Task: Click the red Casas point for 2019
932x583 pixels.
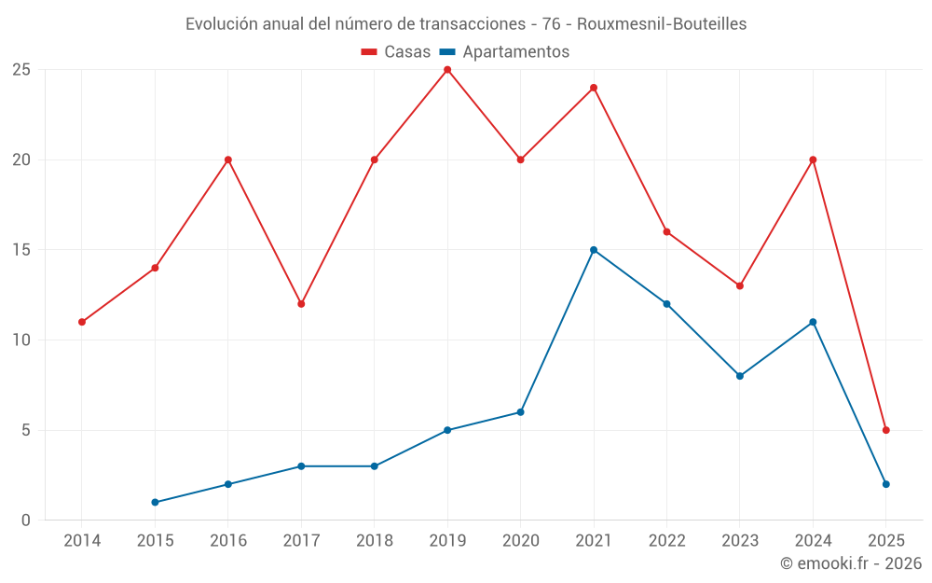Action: [447, 70]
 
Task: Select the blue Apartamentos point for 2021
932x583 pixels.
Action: [594, 250]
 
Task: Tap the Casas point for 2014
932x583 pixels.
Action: [82, 322]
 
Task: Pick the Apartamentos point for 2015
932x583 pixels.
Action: [155, 503]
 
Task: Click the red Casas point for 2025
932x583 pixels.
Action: [886, 430]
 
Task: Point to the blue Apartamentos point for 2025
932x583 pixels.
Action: [886, 484]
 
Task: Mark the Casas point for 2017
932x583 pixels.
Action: [301, 304]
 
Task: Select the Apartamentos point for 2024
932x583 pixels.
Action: [813, 322]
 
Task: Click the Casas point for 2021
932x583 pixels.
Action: [594, 88]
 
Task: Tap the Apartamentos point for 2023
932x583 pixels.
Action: [740, 376]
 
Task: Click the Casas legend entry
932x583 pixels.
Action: [396, 52]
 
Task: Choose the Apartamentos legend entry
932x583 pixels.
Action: [504, 52]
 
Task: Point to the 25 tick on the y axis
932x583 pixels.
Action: [21, 70]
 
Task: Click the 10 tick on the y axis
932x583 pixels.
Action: [21, 340]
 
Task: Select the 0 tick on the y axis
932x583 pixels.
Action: [26, 521]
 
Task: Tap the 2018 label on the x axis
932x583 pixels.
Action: [374, 541]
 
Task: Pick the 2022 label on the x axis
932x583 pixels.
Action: [666, 541]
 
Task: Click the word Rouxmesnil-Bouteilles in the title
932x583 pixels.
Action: [662, 24]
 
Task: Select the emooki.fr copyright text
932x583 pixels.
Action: [850, 563]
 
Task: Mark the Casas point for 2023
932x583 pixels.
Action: [740, 285]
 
